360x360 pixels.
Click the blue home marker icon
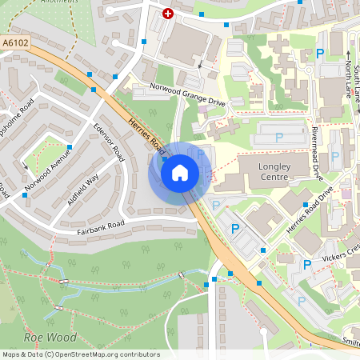click(x=180, y=172)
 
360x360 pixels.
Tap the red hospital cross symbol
click(x=168, y=13)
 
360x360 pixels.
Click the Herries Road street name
click(x=147, y=135)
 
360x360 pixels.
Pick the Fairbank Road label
click(x=101, y=224)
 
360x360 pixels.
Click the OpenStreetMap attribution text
click(x=80, y=354)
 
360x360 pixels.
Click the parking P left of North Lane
click(x=320, y=54)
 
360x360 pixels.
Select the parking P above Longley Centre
click(x=279, y=138)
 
